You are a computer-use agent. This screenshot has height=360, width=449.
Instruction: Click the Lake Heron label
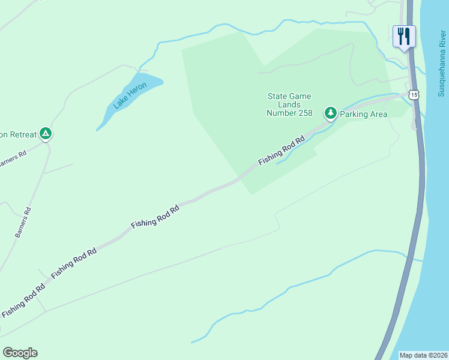click(129, 95)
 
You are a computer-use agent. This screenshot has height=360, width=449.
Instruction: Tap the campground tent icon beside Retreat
click(45, 134)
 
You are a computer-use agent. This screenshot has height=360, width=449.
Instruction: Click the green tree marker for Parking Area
click(330, 112)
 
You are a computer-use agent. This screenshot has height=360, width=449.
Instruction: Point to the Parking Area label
click(363, 114)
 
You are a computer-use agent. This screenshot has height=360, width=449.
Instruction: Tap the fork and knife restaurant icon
click(404, 35)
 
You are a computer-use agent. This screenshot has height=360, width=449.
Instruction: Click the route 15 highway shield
click(413, 95)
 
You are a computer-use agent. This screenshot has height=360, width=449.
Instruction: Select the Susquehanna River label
click(441, 62)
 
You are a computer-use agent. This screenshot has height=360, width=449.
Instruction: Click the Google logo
click(20, 353)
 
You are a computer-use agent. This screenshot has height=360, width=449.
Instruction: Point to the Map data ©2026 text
click(423, 355)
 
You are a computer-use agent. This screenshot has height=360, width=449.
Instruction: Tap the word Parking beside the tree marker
click(354, 114)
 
